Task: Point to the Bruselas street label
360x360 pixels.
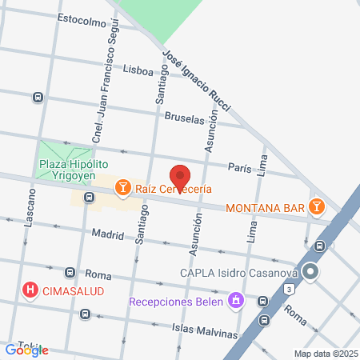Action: coord(186,117)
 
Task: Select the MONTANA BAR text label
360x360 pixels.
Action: coord(266,208)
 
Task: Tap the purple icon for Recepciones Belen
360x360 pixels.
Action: coord(235,302)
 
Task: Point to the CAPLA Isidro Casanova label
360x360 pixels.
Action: coord(238,273)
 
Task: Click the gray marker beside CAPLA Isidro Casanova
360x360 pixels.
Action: coord(311,273)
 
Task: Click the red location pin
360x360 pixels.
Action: coord(180,177)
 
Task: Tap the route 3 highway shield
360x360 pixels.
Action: coord(287,289)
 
